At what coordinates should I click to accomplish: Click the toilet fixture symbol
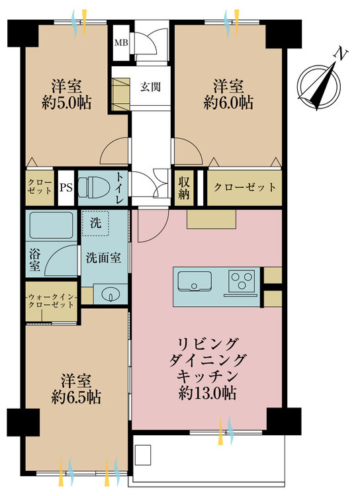coord(94,188)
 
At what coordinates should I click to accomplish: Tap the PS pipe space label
coord(66,188)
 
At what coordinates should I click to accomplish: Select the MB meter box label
coord(121,42)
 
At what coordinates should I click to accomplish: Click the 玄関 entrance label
coord(150,87)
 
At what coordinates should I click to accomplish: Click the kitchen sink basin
coord(195,281)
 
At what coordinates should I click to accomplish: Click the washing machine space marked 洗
coord(95,224)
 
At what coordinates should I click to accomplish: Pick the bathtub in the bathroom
coord(52,226)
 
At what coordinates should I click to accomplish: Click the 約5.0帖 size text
coord(67,103)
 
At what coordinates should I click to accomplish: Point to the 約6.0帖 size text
coord(228,103)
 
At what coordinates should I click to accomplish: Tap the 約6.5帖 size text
coord(76,397)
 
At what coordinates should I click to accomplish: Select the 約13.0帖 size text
coord(207,393)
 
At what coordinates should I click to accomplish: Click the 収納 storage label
coord(184,188)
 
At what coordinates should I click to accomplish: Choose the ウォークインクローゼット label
coord(52,301)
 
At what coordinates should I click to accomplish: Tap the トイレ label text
coord(120,188)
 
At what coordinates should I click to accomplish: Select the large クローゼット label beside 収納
coord(245,187)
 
